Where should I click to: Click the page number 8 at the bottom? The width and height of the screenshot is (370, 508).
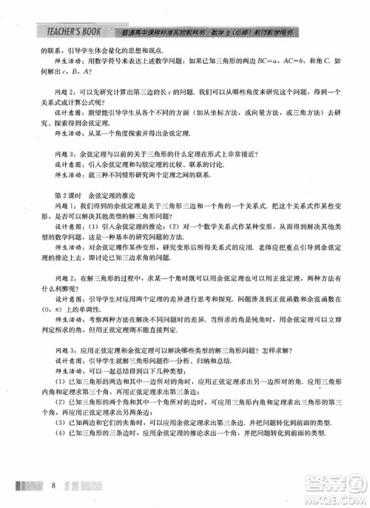click(x=55, y=485)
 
